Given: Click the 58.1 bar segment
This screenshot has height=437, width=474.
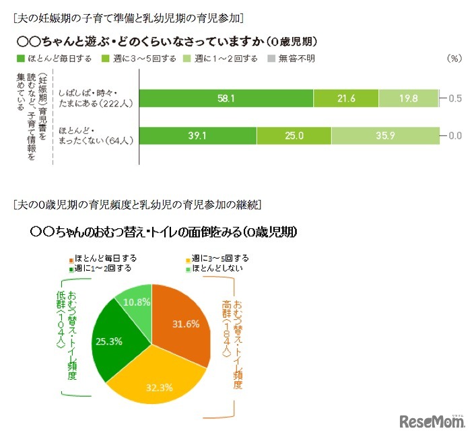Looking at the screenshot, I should coord(226,98).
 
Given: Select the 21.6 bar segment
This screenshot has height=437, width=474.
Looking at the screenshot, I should coord(346,98).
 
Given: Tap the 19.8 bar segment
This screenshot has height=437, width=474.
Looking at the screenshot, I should coord(408,98).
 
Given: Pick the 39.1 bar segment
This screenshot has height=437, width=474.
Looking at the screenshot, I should coord(198,135).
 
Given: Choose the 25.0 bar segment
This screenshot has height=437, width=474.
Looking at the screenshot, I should coord(294,135).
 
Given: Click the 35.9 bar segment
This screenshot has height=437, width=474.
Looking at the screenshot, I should coord(385,135).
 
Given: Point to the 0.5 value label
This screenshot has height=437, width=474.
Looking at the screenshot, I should coord(455,98).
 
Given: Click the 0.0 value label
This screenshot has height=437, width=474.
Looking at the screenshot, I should coord(455,135).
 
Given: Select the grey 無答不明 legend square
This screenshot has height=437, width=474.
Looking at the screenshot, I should coord(271,59).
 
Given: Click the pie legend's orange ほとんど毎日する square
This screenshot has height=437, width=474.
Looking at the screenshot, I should coord(69,258).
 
